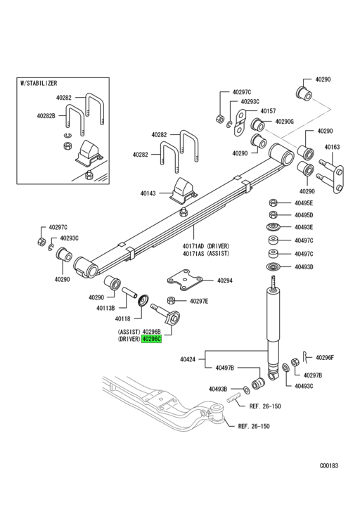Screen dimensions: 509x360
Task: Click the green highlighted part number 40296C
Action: click(x=151, y=339)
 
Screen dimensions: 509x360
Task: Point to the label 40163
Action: click(x=332, y=148)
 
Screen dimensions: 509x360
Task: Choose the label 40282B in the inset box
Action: click(x=47, y=116)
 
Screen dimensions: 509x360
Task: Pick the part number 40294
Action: click(x=224, y=281)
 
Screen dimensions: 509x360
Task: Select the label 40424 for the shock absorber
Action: click(x=187, y=359)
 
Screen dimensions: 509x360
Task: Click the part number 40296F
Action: click(x=324, y=357)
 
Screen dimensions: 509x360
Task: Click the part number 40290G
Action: click(x=284, y=122)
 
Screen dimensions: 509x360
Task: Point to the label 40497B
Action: click(x=225, y=368)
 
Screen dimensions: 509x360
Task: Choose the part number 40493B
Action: click(x=219, y=389)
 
